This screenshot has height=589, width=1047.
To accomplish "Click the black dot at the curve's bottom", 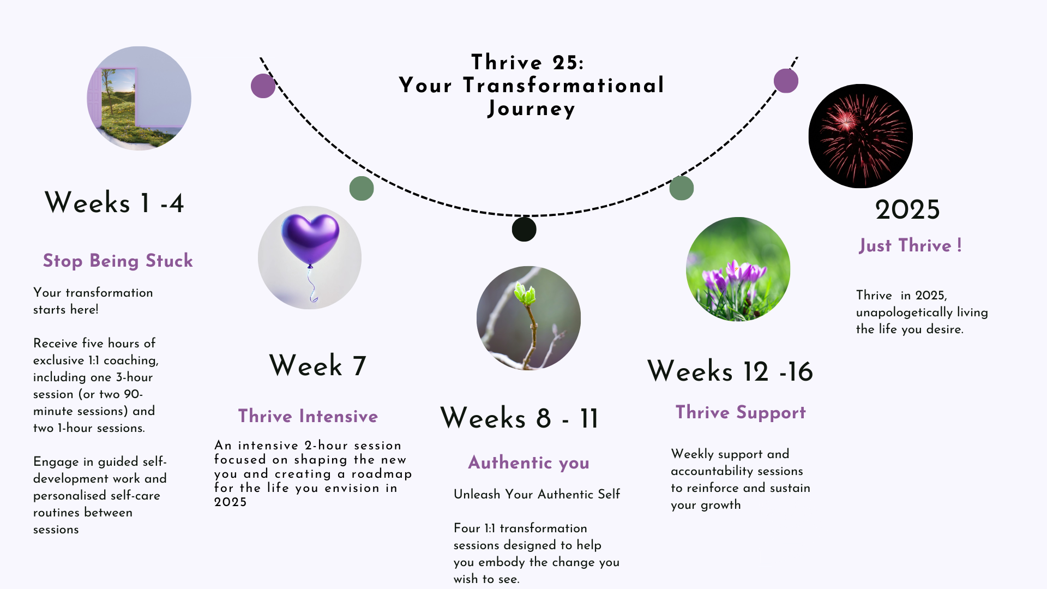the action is point(524,229).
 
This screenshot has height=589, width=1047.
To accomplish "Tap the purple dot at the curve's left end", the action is point(263,86).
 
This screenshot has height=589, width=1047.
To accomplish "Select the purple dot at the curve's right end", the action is point(786,81).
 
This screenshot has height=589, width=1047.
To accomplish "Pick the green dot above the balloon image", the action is point(362,188).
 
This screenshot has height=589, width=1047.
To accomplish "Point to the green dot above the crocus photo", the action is point(682,188).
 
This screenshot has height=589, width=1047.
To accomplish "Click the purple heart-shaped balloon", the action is point(310,239).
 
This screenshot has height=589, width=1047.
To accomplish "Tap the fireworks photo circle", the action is point(861,136).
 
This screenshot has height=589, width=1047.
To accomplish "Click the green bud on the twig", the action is point(525,294).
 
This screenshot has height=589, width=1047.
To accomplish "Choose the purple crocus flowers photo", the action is point(738,269).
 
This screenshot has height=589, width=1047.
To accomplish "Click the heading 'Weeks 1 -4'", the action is point(114,202).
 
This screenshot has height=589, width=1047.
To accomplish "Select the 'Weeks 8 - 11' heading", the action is point(519,418).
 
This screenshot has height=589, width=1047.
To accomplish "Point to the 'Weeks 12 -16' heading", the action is point(730,371).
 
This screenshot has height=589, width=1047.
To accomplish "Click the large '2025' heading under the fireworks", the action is point(907,209).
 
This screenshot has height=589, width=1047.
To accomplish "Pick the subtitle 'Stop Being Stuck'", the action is point(118,261).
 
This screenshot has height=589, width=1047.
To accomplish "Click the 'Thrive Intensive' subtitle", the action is point(308,416).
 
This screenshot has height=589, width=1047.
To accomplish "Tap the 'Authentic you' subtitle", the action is point(529,462).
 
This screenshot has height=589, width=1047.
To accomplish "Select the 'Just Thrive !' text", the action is point(910,245).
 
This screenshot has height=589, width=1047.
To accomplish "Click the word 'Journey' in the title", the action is point(532,109).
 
